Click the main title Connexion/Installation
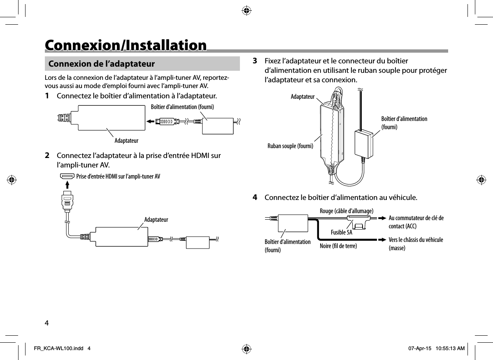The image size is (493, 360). click(x=126, y=45)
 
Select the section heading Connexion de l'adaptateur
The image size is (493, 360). click(x=102, y=64)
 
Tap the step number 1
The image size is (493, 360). click(x=48, y=96)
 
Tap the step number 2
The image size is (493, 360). click(x=48, y=156)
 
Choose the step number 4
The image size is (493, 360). click(x=255, y=198)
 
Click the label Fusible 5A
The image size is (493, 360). click(x=342, y=232)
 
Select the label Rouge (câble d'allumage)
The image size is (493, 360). click(x=346, y=211)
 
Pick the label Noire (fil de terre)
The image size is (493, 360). click(x=339, y=246)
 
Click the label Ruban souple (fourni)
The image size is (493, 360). click(x=291, y=146)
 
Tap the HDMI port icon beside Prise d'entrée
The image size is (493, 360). click(x=67, y=177)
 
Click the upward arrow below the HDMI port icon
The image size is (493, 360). click(x=67, y=184)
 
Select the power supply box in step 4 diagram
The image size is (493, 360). click(x=293, y=223)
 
